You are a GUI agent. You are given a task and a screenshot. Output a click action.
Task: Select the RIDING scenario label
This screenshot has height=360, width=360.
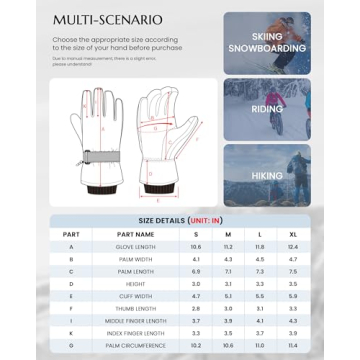coord(267,109)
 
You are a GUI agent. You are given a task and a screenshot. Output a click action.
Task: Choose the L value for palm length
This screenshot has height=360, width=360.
coord(259,270)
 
